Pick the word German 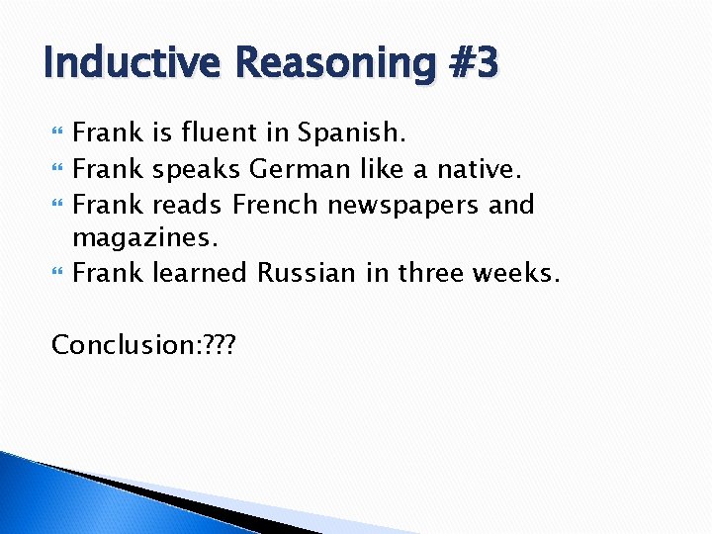click(x=299, y=169)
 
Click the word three click(x=432, y=272)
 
